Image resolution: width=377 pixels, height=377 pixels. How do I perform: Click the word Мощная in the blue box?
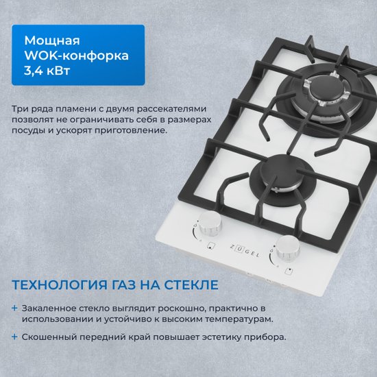(x=52, y=41)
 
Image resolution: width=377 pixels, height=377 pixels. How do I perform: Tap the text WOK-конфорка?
(x=77, y=56)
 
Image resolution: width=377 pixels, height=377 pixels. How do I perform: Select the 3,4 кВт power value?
(x=47, y=71)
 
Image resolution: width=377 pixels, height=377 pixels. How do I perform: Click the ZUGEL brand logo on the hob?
(x=245, y=250)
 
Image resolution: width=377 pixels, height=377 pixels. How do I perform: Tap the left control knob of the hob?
(x=210, y=223)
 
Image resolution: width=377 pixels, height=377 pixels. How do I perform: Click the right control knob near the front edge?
(x=288, y=248)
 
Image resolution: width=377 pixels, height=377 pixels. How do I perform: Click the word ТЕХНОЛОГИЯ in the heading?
(x=60, y=284)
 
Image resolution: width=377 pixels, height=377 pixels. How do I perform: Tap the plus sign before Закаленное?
(x=14, y=308)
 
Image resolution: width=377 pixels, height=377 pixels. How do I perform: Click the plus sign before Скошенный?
(x=14, y=337)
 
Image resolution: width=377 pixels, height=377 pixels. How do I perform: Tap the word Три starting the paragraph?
(x=18, y=109)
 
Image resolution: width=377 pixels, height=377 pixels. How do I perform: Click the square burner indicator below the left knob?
(x=211, y=245)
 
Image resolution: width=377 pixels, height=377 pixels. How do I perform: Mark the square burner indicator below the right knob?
(x=289, y=271)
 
